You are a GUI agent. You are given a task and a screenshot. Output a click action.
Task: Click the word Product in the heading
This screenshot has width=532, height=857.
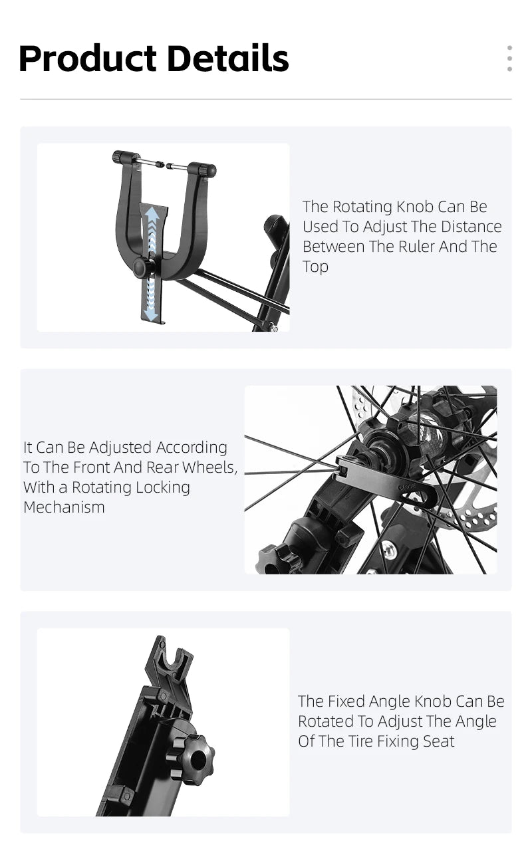click(88, 59)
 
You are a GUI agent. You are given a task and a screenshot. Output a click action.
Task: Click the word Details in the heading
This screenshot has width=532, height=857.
click(228, 58)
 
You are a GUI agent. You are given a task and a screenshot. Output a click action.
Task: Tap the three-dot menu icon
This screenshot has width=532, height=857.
click(509, 58)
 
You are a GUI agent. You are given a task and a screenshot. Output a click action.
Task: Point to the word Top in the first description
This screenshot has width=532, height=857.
click(315, 267)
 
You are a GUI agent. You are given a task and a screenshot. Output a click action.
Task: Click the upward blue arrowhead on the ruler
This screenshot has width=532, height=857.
click(153, 213)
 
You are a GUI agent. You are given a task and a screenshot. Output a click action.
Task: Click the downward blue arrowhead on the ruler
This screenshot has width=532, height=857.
click(150, 315)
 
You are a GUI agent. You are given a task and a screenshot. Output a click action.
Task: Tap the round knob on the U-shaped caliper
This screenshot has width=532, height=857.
click(142, 267)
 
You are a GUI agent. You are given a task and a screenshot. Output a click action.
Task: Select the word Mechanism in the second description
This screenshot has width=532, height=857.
click(64, 507)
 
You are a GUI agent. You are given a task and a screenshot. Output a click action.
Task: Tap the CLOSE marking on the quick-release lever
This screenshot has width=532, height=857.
click(407, 487)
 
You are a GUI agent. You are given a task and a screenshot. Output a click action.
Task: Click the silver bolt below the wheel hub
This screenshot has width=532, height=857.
click(389, 551)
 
